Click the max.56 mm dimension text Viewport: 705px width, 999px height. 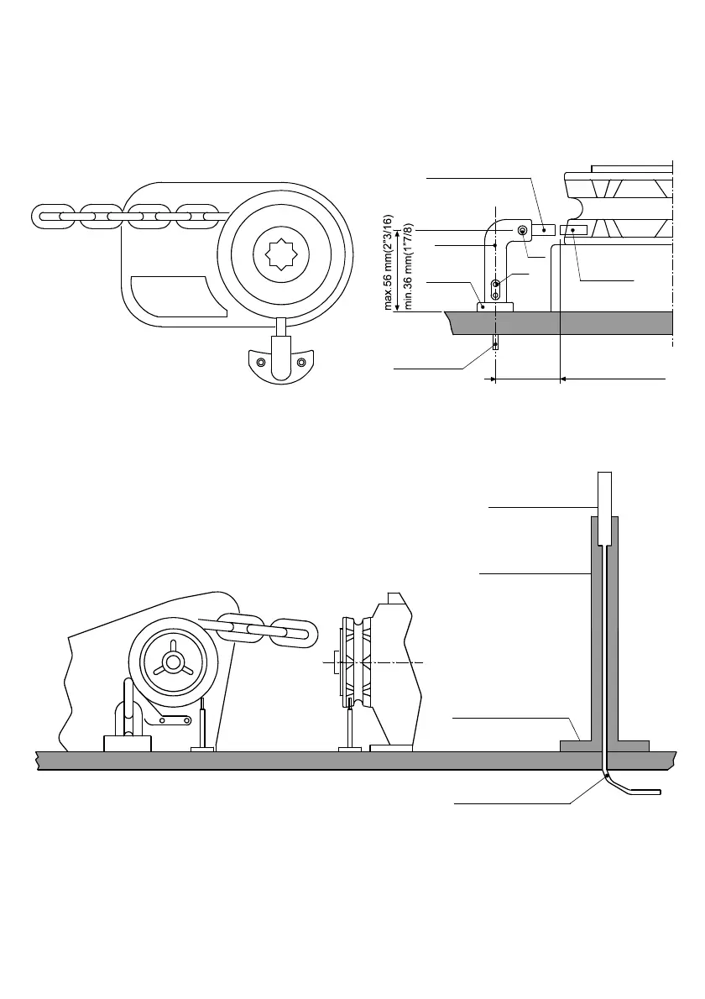tap(389, 262)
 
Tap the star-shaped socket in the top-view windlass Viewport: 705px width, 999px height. tap(281, 253)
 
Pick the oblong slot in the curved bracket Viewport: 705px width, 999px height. tap(301, 362)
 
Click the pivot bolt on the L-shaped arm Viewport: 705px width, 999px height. tap(523, 230)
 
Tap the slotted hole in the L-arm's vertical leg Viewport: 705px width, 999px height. tap(496, 290)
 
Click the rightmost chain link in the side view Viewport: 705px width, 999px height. tap(296, 632)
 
